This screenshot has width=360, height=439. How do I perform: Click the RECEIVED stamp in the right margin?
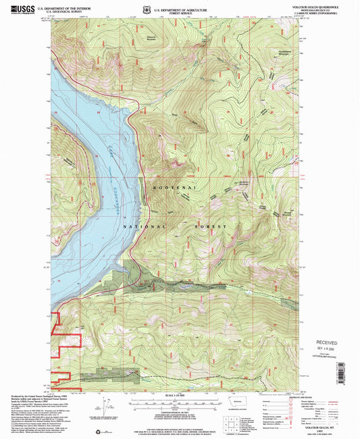tap(327, 342)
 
